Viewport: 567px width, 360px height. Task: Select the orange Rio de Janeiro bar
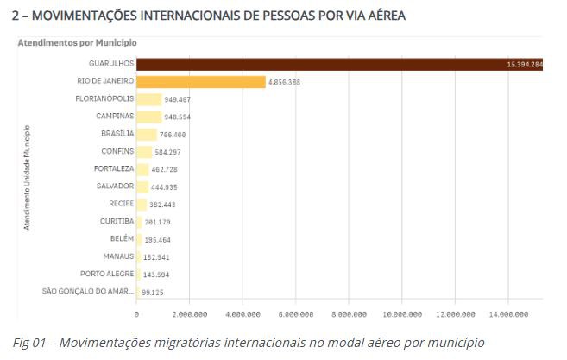pos(200,82)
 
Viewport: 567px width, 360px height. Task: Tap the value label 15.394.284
pos(525,65)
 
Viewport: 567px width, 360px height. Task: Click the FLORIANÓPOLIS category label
pos(104,98)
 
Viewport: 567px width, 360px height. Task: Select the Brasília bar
pos(147,134)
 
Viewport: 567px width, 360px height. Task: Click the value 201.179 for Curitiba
pos(161,222)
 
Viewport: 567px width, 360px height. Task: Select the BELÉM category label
pos(122,238)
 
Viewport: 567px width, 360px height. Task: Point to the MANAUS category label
pos(117,256)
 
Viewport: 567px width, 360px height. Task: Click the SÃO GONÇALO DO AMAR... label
pos(87,291)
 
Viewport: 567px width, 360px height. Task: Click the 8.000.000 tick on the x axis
pos(349,314)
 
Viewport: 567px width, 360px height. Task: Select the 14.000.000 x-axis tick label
pos(508,314)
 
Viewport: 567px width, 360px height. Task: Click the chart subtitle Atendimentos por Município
pos(77,42)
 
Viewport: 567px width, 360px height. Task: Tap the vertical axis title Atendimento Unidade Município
pos(27,177)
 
